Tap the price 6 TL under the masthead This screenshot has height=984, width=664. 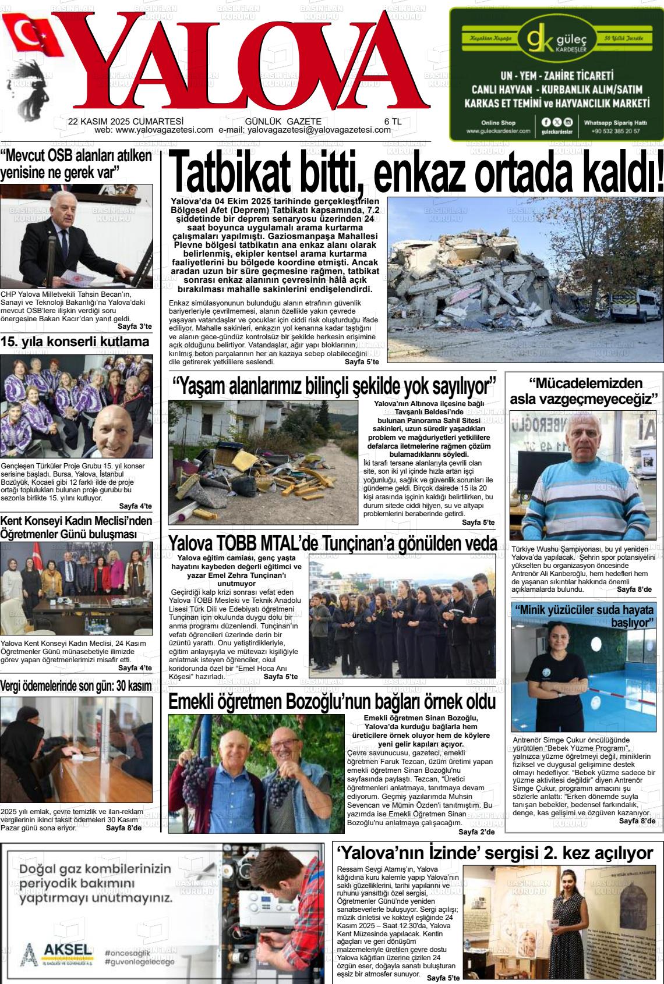(x=393, y=122)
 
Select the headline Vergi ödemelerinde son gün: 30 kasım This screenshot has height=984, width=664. (x=76, y=686)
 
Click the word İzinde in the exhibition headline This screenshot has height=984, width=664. (x=464, y=854)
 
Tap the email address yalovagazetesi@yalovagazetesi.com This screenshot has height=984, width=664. (x=319, y=130)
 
